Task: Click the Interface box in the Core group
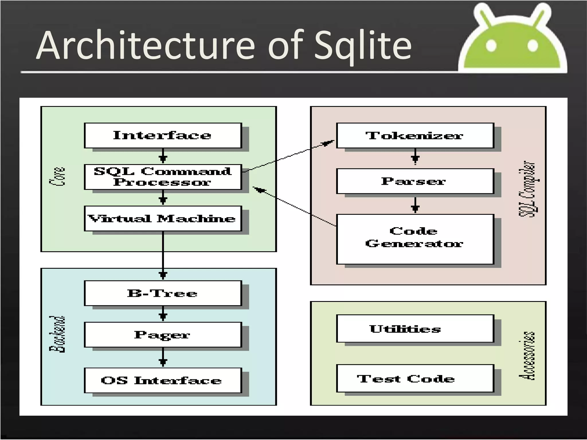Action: (x=163, y=135)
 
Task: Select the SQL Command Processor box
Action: (x=163, y=177)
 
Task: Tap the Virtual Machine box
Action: (x=163, y=219)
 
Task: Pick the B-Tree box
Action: (x=163, y=293)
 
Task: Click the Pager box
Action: (x=163, y=335)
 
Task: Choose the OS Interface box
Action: (x=163, y=380)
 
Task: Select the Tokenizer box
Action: (x=415, y=135)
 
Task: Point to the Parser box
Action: (x=415, y=181)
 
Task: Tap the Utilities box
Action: (x=415, y=329)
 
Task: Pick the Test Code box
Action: (x=415, y=378)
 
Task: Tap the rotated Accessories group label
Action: (x=527, y=356)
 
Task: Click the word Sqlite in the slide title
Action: (x=363, y=46)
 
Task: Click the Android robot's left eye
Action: (x=491, y=46)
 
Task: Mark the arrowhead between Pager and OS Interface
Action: (x=163, y=362)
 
